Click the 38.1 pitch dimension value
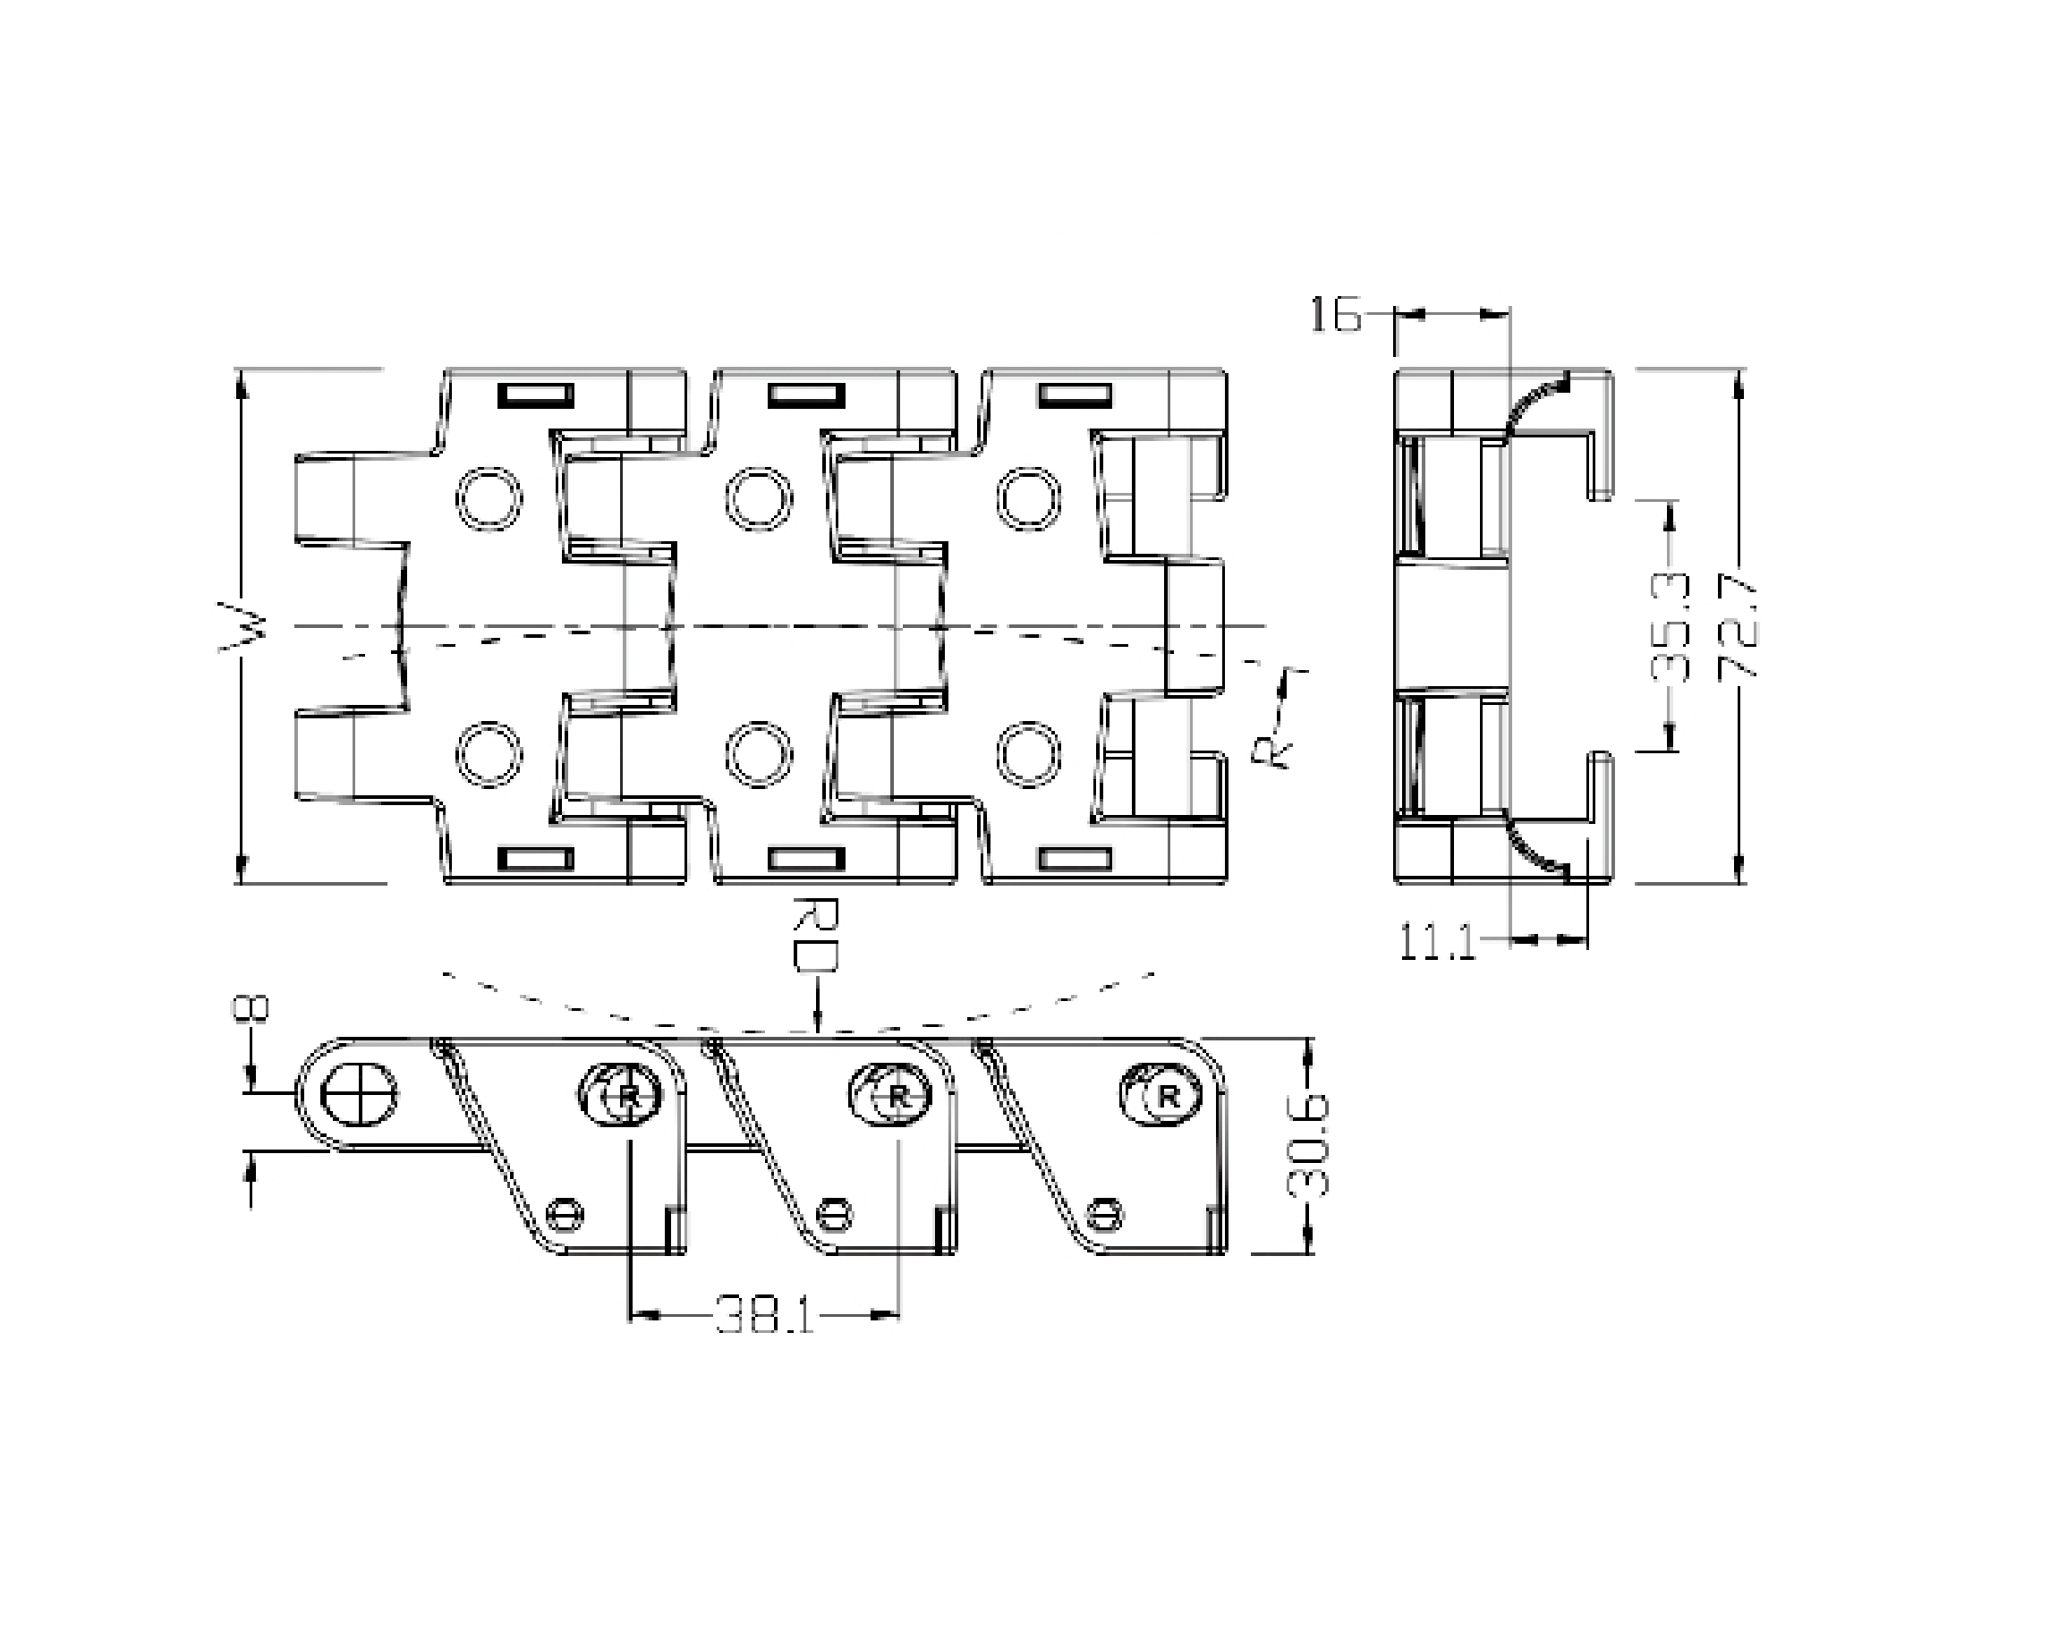click(764, 1315)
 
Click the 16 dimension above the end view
click(1335, 315)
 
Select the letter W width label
click(243, 626)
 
